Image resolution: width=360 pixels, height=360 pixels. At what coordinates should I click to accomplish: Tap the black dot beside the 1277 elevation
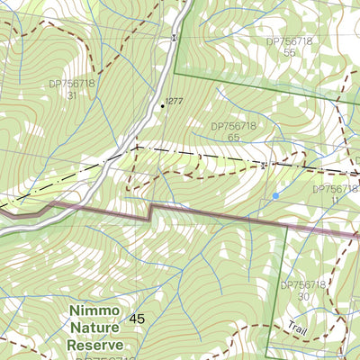(x=163, y=105)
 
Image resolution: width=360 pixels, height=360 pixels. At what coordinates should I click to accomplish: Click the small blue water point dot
(x=275, y=194)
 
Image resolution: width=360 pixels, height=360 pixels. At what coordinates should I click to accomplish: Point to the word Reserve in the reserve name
(x=96, y=345)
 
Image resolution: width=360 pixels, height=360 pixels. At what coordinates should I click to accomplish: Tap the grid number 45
(x=137, y=319)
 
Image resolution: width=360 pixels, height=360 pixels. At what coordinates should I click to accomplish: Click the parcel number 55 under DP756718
(x=289, y=53)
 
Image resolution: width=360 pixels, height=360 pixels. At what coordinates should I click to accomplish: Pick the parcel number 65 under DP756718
(x=233, y=139)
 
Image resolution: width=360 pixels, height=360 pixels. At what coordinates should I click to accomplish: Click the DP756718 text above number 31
(x=71, y=83)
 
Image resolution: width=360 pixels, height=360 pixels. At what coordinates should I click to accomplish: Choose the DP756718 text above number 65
(x=233, y=127)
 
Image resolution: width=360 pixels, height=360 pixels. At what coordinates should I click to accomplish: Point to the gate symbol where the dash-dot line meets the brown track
(x=262, y=165)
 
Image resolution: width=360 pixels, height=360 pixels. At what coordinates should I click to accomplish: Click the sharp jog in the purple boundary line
(x=149, y=211)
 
